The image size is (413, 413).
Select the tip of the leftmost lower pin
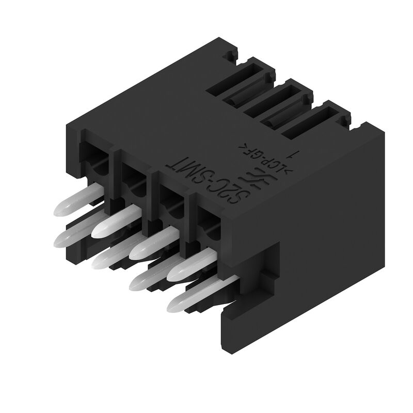[60, 238]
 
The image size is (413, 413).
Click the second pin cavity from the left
[132, 175]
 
